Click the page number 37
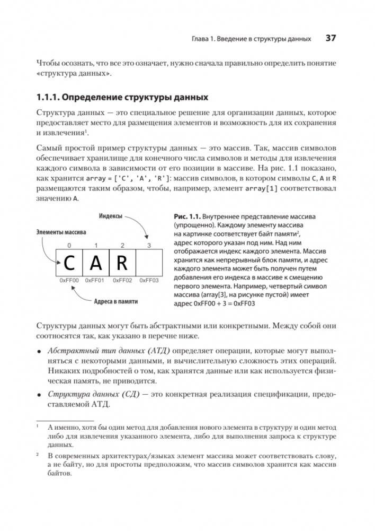[x=331, y=38]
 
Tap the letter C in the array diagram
[x=69, y=263]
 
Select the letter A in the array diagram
[x=96, y=263]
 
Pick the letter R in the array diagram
[x=122, y=263]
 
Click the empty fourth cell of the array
[x=149, y=263]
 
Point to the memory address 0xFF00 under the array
[x=69, y=280]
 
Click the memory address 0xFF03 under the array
[x=149, y=280]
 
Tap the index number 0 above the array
[x=69, y=245]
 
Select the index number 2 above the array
[x=122, y=245]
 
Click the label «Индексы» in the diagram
[x=111, y=216]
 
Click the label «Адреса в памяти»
[x=115, y=301]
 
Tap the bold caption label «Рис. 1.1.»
[x=188, y=216]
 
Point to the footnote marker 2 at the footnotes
[x=38, y=455]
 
